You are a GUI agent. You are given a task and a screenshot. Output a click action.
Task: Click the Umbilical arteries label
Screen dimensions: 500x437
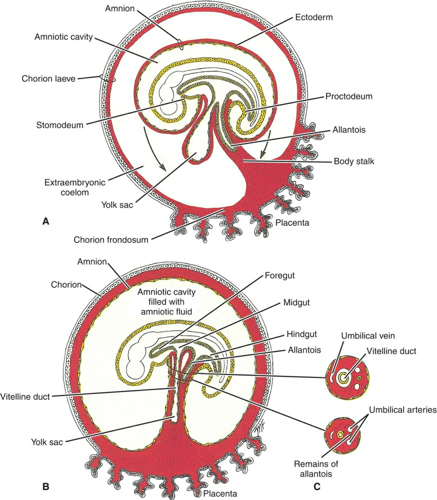(x=402, y=409)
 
